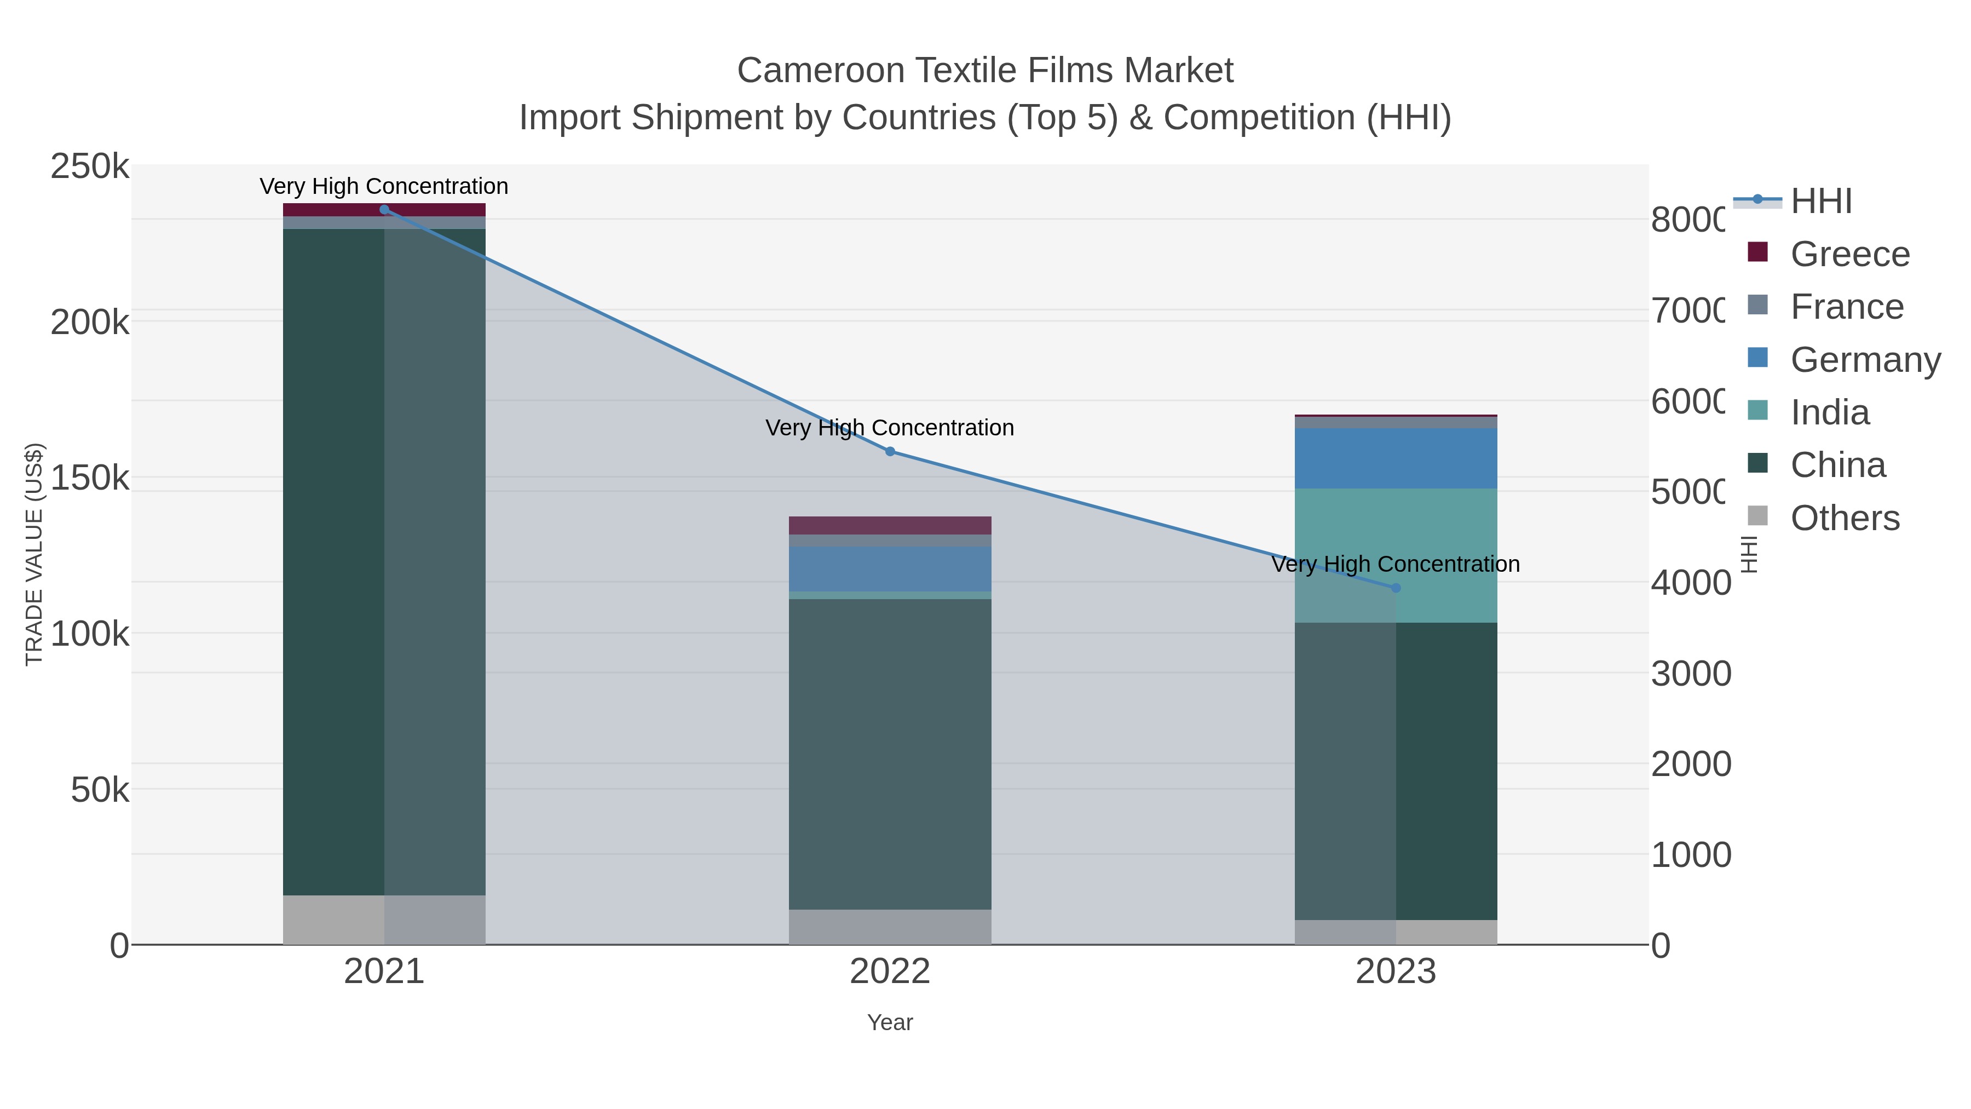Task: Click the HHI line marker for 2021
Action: point(384,210)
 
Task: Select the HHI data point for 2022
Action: point(890,452)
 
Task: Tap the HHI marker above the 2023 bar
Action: point(1396,588)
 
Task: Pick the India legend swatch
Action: point(1758,410)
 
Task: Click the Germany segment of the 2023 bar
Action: point(1396,458)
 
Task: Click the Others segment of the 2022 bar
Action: point(890,926)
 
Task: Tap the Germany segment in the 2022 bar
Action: point(890,568)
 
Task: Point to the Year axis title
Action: point(890,1022)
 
